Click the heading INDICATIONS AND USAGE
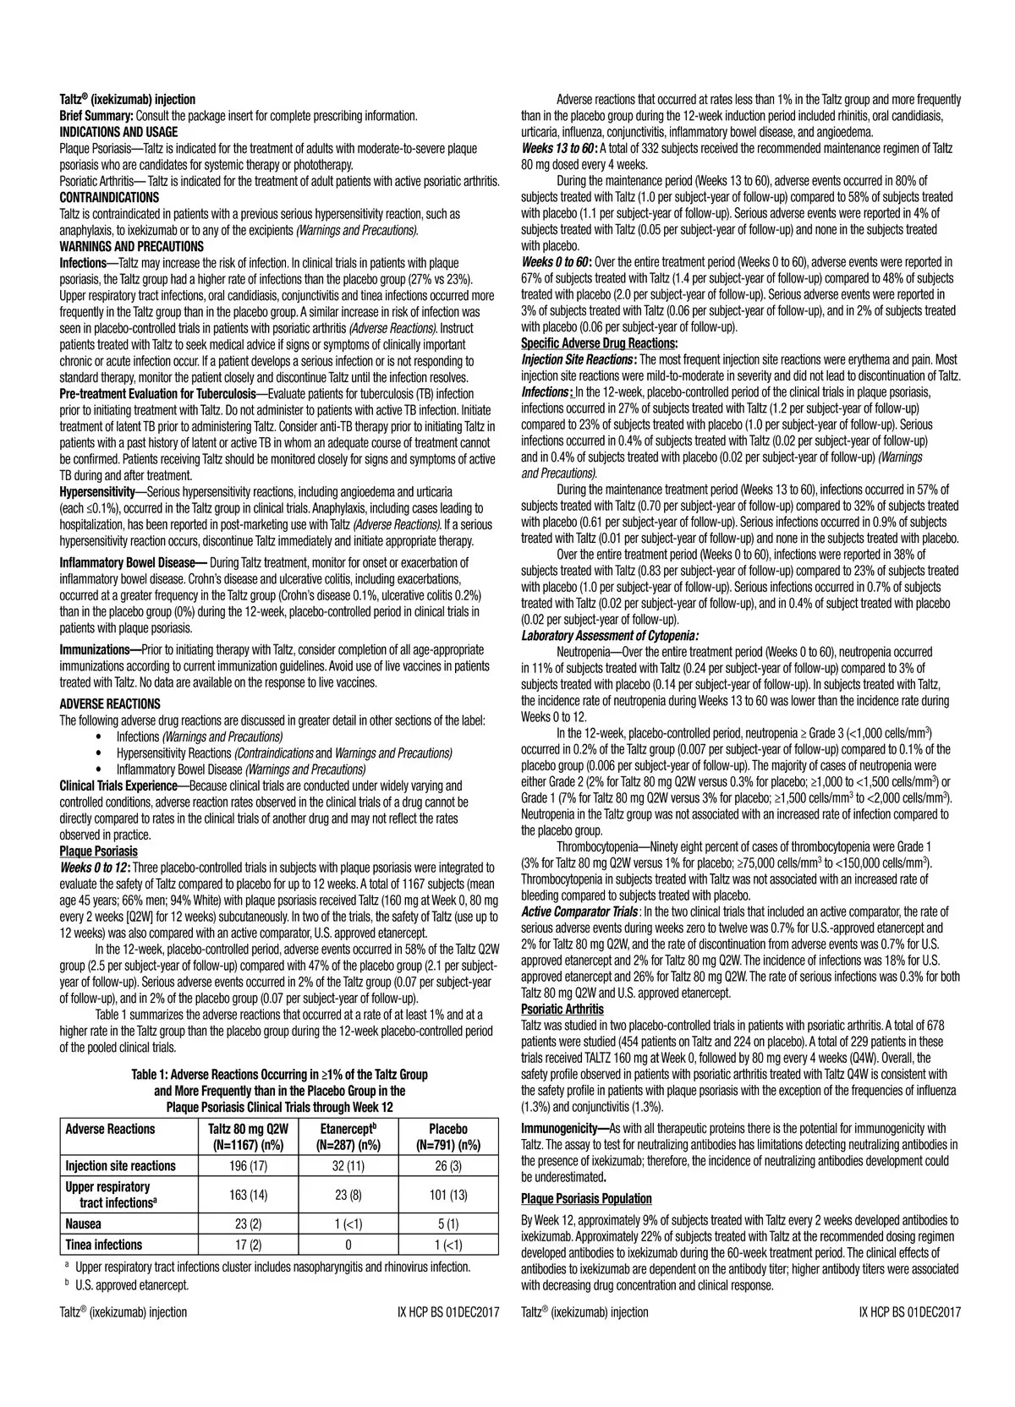click(x=118, y=132)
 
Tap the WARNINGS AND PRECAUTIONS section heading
click(x=131, y=246)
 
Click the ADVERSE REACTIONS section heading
click(x=110, y=703)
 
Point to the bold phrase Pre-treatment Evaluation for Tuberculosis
click(x=156, y=394)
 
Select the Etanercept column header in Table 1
click(x=348, y=1137)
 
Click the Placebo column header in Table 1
click(x=448, y=1137)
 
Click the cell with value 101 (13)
click(x=448, y=1195)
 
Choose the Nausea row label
click(x=84, y=1224)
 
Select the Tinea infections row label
click(x=104, y=1244)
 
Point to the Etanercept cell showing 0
click(x=348, y=1244)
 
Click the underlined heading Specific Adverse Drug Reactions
click(x=599, y=343)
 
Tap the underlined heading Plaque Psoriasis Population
click(x=586, y=1198)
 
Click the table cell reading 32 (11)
click(x=348, y=1166)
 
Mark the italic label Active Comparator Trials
click(x=580, y=912)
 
